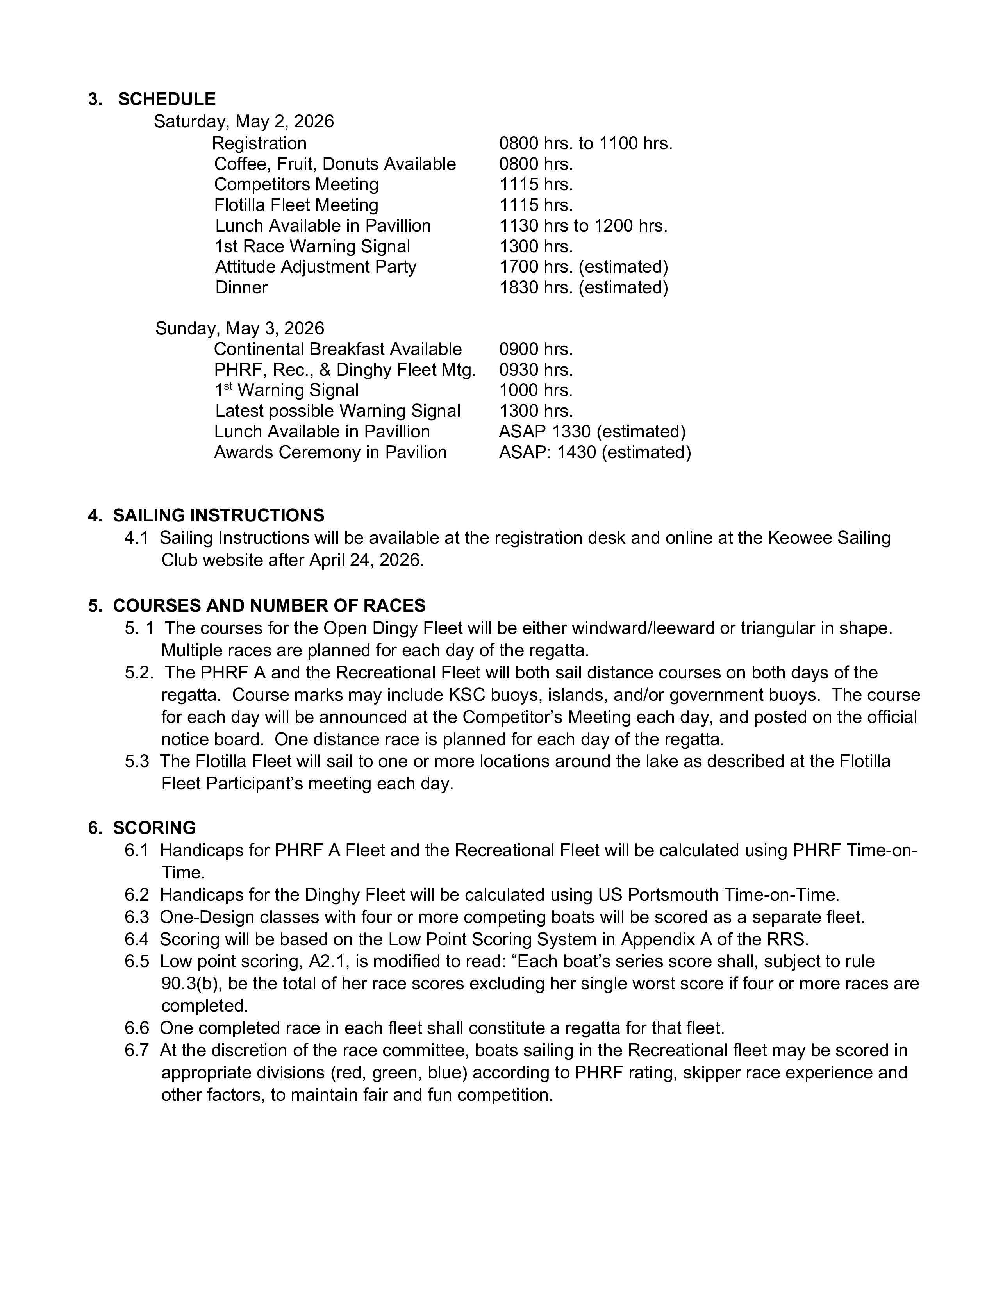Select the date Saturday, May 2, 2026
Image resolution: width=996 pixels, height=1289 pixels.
pos(244,121)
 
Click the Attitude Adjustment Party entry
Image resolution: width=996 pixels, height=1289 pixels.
pos(316,267)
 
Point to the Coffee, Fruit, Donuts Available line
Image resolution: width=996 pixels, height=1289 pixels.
pos(335,164)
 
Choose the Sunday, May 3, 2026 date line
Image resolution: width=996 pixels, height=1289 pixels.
pos(239,328)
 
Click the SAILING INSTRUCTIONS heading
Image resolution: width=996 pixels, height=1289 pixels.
pos(218,515)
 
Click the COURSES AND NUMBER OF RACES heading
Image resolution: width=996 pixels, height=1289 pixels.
pos(269,605)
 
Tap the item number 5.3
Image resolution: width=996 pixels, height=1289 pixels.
pos(137,761)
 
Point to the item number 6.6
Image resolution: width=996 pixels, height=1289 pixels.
pos(137,1028)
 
